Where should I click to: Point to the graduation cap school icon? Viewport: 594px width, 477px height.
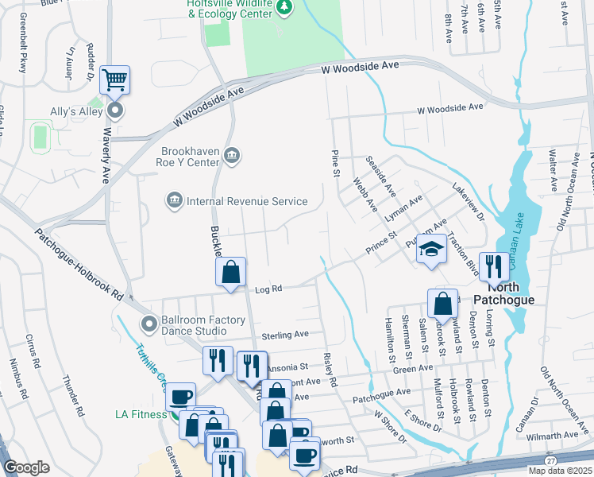[431, 250]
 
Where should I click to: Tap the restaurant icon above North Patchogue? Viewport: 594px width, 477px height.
[494, 266]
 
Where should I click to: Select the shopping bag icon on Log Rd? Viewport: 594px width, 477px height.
[229, 272]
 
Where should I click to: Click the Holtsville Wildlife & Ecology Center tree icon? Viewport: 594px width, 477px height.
[286, 7]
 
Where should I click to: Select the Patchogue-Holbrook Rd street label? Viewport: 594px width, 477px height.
[78, 265]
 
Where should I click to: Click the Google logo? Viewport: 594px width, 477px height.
[27, 467]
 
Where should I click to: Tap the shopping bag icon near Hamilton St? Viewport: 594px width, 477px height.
[442, 303]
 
